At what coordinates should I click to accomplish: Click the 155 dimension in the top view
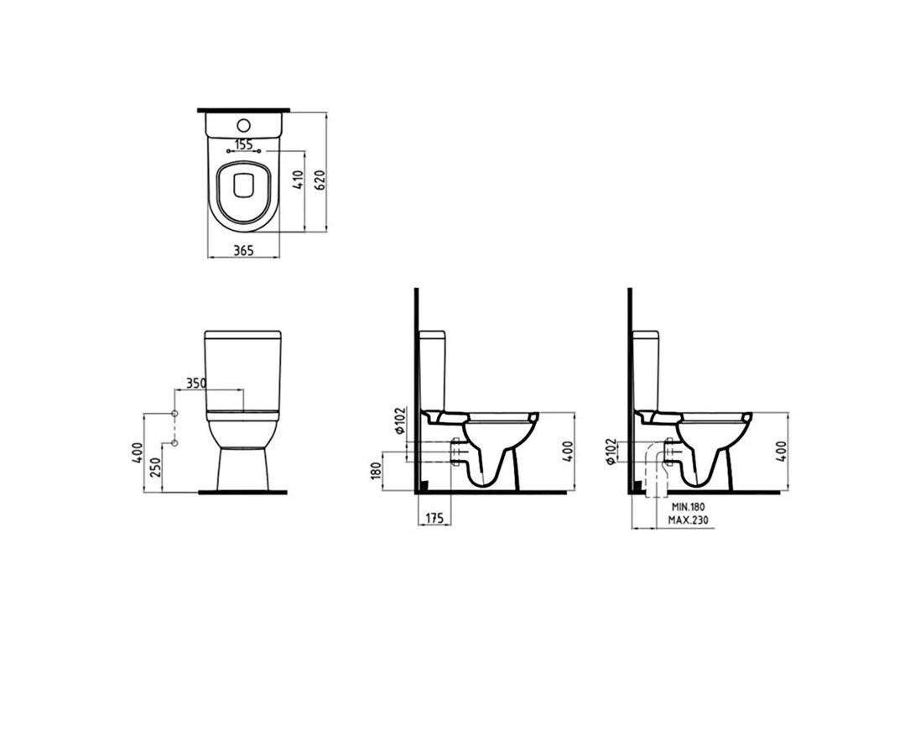tap(244, 144)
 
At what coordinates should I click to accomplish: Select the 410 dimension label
tap(297, 181)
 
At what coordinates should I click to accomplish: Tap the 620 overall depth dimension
tap(320, 180)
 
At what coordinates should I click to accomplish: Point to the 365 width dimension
tap(243, 250)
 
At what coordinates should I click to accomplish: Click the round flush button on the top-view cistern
tap(243, 124)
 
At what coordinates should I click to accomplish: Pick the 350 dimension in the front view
tap(195, 383)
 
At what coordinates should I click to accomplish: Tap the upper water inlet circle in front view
tap(175, 414)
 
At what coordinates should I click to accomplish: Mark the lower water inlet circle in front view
tap(175, 443)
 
